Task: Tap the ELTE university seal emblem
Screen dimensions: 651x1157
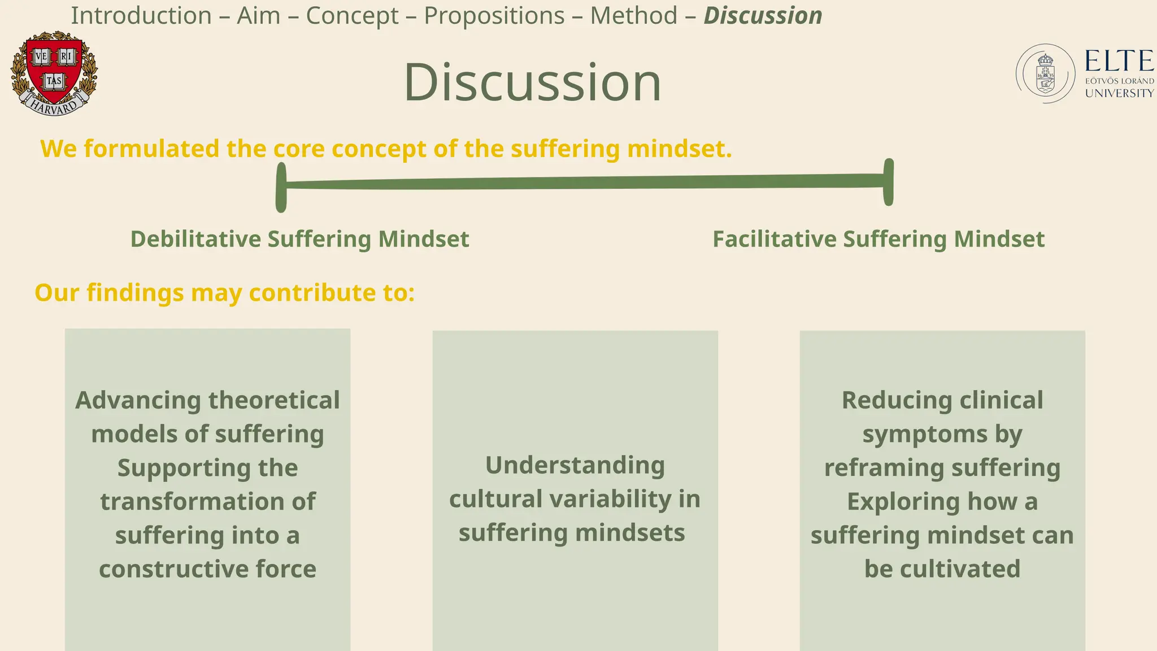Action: pyautogui.click(x=1045, y=73)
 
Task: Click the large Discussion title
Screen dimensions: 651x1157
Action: pyautogui.click(x=532, y=83)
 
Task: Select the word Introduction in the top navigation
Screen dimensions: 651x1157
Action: pyautogui.click(x=141, y=16)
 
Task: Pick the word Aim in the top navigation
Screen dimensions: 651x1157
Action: pyautogui.click(x=258, y=16)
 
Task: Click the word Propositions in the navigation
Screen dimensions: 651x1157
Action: pyautogui.click(x=494, y=16)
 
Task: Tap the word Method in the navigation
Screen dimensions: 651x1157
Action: pyautogui.click(x=633, y=16)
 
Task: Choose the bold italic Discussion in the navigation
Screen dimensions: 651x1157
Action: pyautogui.click(x=763, y=16)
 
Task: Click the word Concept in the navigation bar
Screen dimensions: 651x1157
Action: pyautogui.click(x=352, y=16)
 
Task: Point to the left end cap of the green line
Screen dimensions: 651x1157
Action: pyautogui.click(x=281, y=187)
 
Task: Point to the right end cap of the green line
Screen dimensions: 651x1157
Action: pyautogui.click(x=888, y=182)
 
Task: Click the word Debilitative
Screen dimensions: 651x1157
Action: pyautogui.click(x=195, y=239)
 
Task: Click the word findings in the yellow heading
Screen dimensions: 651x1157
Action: pyautogui.click(x=135, y=293)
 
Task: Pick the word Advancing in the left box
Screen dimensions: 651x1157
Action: pyautogui.click(x=138, y=400)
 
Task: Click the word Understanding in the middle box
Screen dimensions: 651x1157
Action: pyautogui.click(x=575, y=465)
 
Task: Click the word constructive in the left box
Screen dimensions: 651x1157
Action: pyautogui.click(x=173, y=568)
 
